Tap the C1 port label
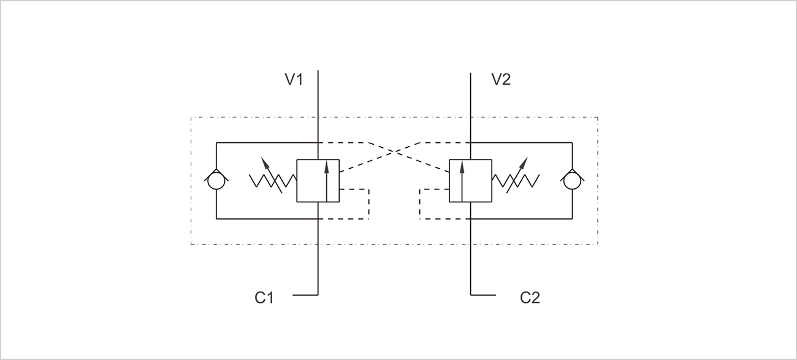click(264, 298)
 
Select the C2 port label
click(530, 298)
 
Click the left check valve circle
click(216, 181)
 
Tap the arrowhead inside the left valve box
click(327, 164)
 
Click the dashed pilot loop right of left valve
click(368, 204)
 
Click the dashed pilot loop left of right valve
click(420, 204)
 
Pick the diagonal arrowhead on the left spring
click(264, 161)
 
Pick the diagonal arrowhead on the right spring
click(524, 161)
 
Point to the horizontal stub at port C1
click(305, 295)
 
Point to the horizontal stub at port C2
click(483, 295)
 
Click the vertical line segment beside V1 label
click(318, 92)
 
